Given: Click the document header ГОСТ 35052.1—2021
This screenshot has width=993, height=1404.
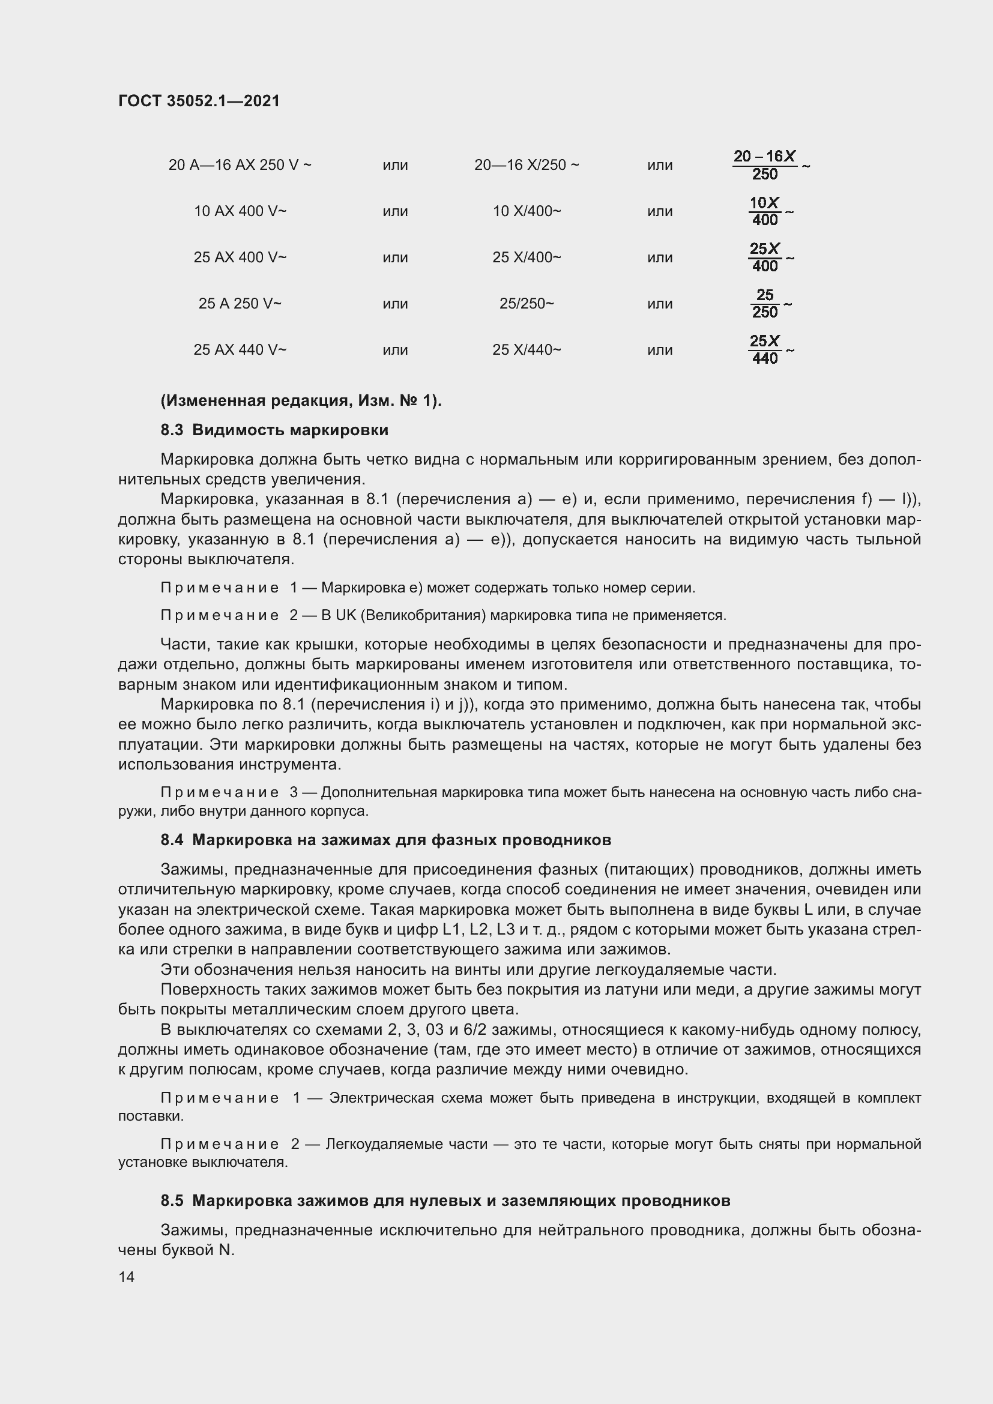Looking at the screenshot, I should click(199, 101).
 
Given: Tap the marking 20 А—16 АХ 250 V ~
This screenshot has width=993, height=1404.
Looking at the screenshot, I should click(240, 165).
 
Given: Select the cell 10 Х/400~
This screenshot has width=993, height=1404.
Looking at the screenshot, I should click(527, 211).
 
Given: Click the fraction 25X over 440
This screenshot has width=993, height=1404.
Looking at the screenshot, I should click(765, 350).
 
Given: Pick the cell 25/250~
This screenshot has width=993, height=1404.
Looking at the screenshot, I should click(527, 304).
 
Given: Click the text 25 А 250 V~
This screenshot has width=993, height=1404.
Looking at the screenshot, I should click(240, 304).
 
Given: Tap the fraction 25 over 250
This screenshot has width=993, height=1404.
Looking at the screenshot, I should click(765, 304).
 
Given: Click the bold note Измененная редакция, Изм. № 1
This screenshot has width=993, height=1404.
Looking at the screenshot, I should click(301, 401).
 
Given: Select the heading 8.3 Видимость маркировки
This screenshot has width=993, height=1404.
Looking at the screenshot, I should click(274, 430).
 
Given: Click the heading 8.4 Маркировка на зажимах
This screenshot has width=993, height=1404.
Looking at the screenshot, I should click(385, 840).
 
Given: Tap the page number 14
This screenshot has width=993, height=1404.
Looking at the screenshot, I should click(127, 1277).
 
